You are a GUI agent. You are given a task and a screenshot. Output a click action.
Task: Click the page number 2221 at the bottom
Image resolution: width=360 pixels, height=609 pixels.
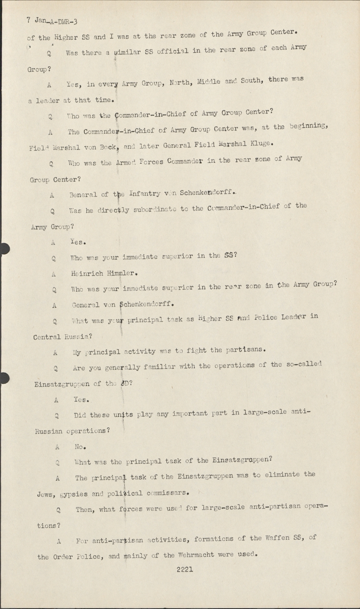(x=184, y=569)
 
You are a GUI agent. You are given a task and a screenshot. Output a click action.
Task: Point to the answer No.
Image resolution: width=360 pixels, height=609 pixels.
(x=80, y=447)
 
